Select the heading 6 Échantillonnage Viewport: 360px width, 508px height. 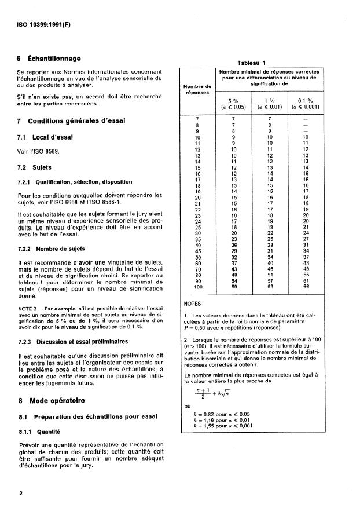click(49, 59)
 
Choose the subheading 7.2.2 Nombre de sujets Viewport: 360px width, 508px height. click(52, 248)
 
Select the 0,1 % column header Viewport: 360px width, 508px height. click(306, 101)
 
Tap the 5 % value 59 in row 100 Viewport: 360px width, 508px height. click(234, 287)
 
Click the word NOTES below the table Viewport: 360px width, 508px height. click(193, 303)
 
